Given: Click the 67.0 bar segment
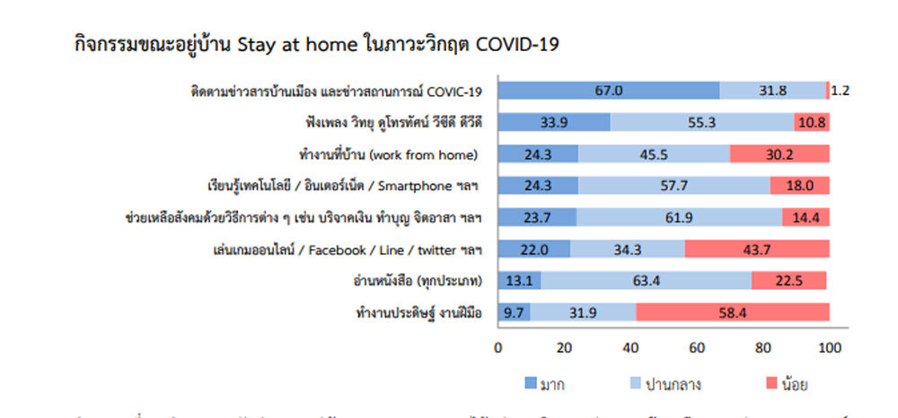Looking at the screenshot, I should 609,91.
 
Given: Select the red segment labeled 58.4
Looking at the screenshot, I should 733,313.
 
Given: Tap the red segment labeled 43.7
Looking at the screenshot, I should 757,249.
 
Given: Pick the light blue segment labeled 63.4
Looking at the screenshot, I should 646,281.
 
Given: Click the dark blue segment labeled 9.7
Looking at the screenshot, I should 514,313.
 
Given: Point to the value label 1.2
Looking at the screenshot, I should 841,91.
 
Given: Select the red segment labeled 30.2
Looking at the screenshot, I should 779,154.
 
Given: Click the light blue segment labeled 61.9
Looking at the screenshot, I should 679,218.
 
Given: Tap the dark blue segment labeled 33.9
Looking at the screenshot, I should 554,123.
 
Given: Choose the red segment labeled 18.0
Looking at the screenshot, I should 799,187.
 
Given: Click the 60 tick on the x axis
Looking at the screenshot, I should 697,347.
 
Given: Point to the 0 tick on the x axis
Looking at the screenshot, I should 498,347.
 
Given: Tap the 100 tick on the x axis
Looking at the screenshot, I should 829,347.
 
